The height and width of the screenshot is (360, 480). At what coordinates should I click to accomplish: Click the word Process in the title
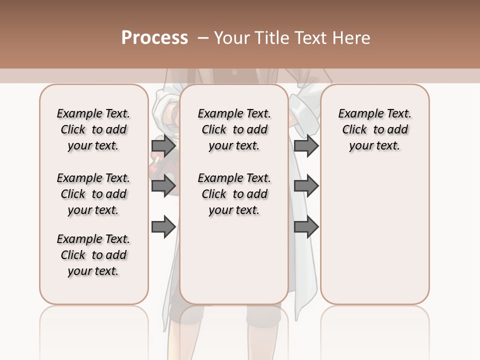[154, 38]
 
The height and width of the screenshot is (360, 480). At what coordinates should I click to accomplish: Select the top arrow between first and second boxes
[163, 146]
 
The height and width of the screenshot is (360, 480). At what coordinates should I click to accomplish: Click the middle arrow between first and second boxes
[163, 186]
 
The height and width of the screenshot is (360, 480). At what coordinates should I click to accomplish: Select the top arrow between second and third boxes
[306, 146]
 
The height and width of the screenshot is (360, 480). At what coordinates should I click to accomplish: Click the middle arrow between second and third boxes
[306, 186]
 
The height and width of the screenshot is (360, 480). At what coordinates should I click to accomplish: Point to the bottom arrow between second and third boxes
[306, 227]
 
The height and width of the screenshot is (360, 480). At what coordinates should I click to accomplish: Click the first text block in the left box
[93, 129]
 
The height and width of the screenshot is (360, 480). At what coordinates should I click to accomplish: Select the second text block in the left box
[93, 194]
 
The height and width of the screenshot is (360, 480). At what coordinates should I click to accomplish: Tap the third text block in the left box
[93, 255]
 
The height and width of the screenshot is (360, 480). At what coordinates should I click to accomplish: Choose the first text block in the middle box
[234, 129]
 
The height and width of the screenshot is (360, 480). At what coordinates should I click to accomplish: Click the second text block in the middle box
[234, 194]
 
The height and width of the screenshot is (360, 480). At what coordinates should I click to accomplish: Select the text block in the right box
[374, 129]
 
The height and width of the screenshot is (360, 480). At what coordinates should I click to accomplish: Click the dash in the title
[203, 38]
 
